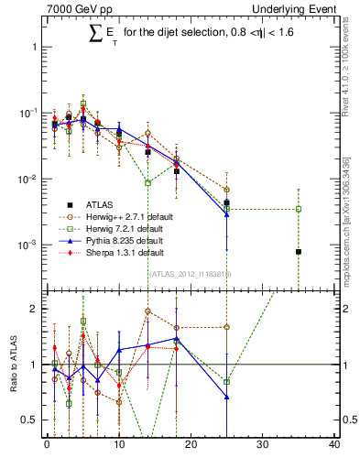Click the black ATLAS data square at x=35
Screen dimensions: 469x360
pos(299,252)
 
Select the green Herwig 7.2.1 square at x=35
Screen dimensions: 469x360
pos(299,209)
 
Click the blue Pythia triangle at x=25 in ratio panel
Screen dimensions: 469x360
pos(227,397)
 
